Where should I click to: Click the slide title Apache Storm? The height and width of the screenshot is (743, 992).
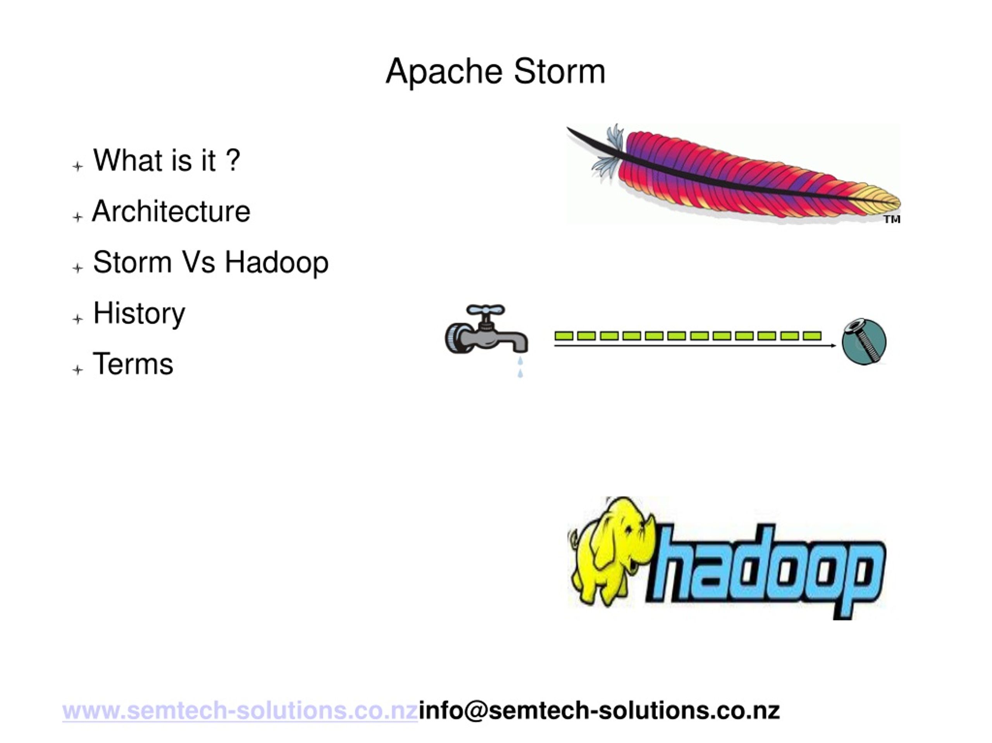click(x=495, y=72)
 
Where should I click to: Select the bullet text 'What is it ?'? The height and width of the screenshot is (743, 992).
click(x=166, y=160)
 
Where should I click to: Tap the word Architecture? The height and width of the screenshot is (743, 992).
click(x=171, y=211)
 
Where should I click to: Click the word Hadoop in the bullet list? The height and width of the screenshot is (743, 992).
click(x=276, y=262)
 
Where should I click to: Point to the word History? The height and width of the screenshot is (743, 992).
click(x=139, y=313)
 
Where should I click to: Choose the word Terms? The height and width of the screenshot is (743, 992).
click(x=133, y=364)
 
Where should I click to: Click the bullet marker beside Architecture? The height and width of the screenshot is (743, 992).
click(x=77, y=217)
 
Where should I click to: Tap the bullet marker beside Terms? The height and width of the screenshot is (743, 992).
click(x=77, y=370)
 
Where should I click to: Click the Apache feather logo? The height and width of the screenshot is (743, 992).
click(x=735, y=175)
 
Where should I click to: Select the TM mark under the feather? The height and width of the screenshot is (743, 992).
click(x=892, y=219)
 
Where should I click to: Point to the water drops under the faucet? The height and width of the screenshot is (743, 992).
click(x=520, y=367)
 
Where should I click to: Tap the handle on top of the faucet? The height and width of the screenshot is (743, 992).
click(x=485, y=310)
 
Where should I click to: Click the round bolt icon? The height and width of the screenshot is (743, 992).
click(x=864, y=341)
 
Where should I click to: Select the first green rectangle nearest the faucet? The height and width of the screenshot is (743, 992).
click(x=564, y=336)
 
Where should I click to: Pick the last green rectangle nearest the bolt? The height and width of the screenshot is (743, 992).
click(x=812, y=336)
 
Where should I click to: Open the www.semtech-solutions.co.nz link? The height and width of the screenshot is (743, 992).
click(x=240, y=711)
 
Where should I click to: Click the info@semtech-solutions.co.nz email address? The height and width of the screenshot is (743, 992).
click(x=599, y=711)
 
